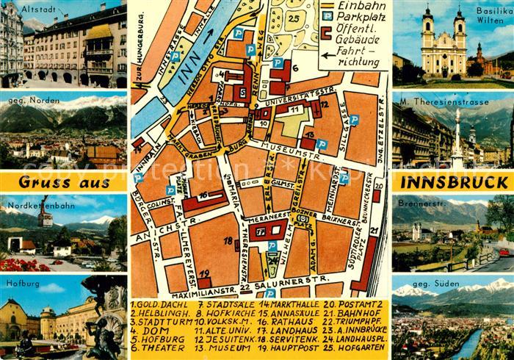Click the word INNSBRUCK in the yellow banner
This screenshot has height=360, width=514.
click(x=452, y=181)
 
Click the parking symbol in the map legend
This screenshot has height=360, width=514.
click(x=326, y=15)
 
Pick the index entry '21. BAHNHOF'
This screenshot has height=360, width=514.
click(x=355, y=310)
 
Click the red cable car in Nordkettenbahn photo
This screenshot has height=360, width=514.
click(x=46, y=219)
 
